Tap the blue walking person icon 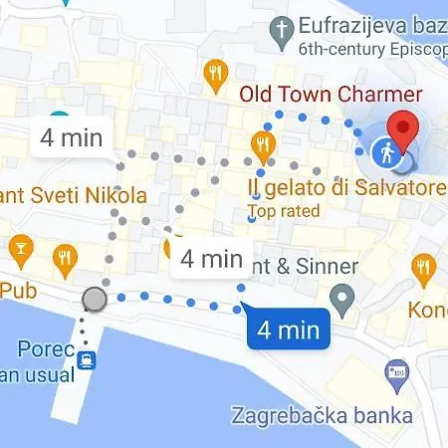click(386, 152)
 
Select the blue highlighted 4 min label click(289, 329)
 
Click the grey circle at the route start click(95, 298)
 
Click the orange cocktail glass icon click(19, 247)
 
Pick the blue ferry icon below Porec click(88, 359)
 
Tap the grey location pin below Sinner click(343, 297)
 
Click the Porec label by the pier click(40, 349)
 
